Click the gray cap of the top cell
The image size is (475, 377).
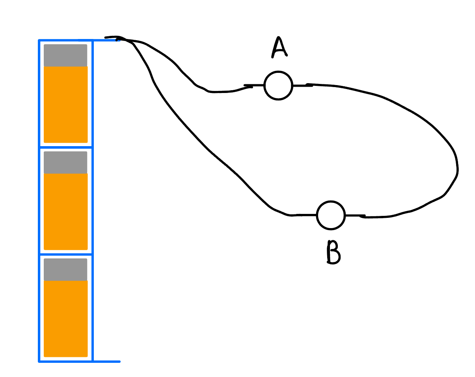click(65, 55)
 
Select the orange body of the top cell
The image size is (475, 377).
click(65, 104)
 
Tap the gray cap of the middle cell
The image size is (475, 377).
click(65, 162)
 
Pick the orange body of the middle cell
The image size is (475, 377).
click(65, 212)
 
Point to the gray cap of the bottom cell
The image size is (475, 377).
click(65, 269)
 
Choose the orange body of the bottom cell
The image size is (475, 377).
click(65, 318)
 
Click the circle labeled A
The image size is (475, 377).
click(278, 85)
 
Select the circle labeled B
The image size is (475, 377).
click(331, 215)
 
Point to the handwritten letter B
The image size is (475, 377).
click(333, 252)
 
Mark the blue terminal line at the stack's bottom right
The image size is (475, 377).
click(106, 361)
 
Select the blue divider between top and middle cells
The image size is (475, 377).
click(65, 147)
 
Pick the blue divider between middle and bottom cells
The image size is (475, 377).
click(65, 254)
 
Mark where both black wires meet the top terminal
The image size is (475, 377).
click(120, 39)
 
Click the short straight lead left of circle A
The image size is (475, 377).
click(254, 85)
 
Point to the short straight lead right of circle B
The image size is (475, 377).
click(354, 215)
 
